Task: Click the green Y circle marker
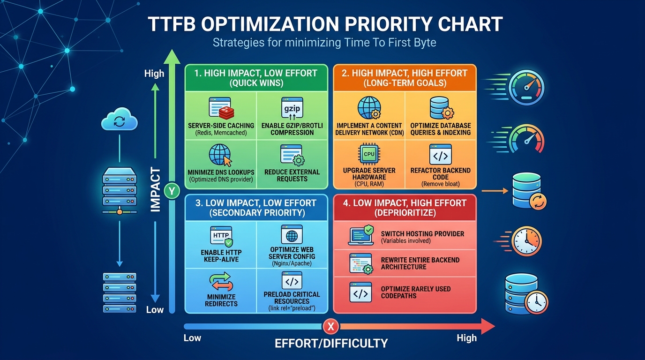pyautogui.click(x=172, y=191)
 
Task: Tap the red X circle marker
pyautogui.click(x=331, y=326)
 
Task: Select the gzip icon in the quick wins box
pyautogui.click(x=292, y=108)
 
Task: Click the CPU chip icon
pyautogui.click(x=369, y=154)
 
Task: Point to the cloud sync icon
pyautogui.click(x=119, y=119)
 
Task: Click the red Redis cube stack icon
pyautogui.click(x=226, y=113)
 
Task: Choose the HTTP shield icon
pyautogui.click(x=221, y=237)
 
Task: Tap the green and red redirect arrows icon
pyautogui.click(x=221, y=281)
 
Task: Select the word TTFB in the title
pyautogui.click(x=172, y=24)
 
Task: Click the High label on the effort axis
pyautogui.click(x=466, y=338)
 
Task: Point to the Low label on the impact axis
pyautogui.click(x=155, y=309)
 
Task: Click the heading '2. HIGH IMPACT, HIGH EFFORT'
pyautogui.click(x=405, y=73)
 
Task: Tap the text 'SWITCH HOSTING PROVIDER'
pyautogui.click(x=422, y=233)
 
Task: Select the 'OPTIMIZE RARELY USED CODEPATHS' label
pyautogui.click(x=416, y=292)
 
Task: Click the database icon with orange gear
pyautogui.click(x=442, y=108)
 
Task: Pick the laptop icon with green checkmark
pyautogui.click(x=361, y=235)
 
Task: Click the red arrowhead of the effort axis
pyautogui.click(x=487, y=326)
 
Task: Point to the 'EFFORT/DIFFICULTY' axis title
pyautogui.click(x=331, y=343)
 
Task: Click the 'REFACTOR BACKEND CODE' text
pyautogui.click(x=440, y=173)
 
